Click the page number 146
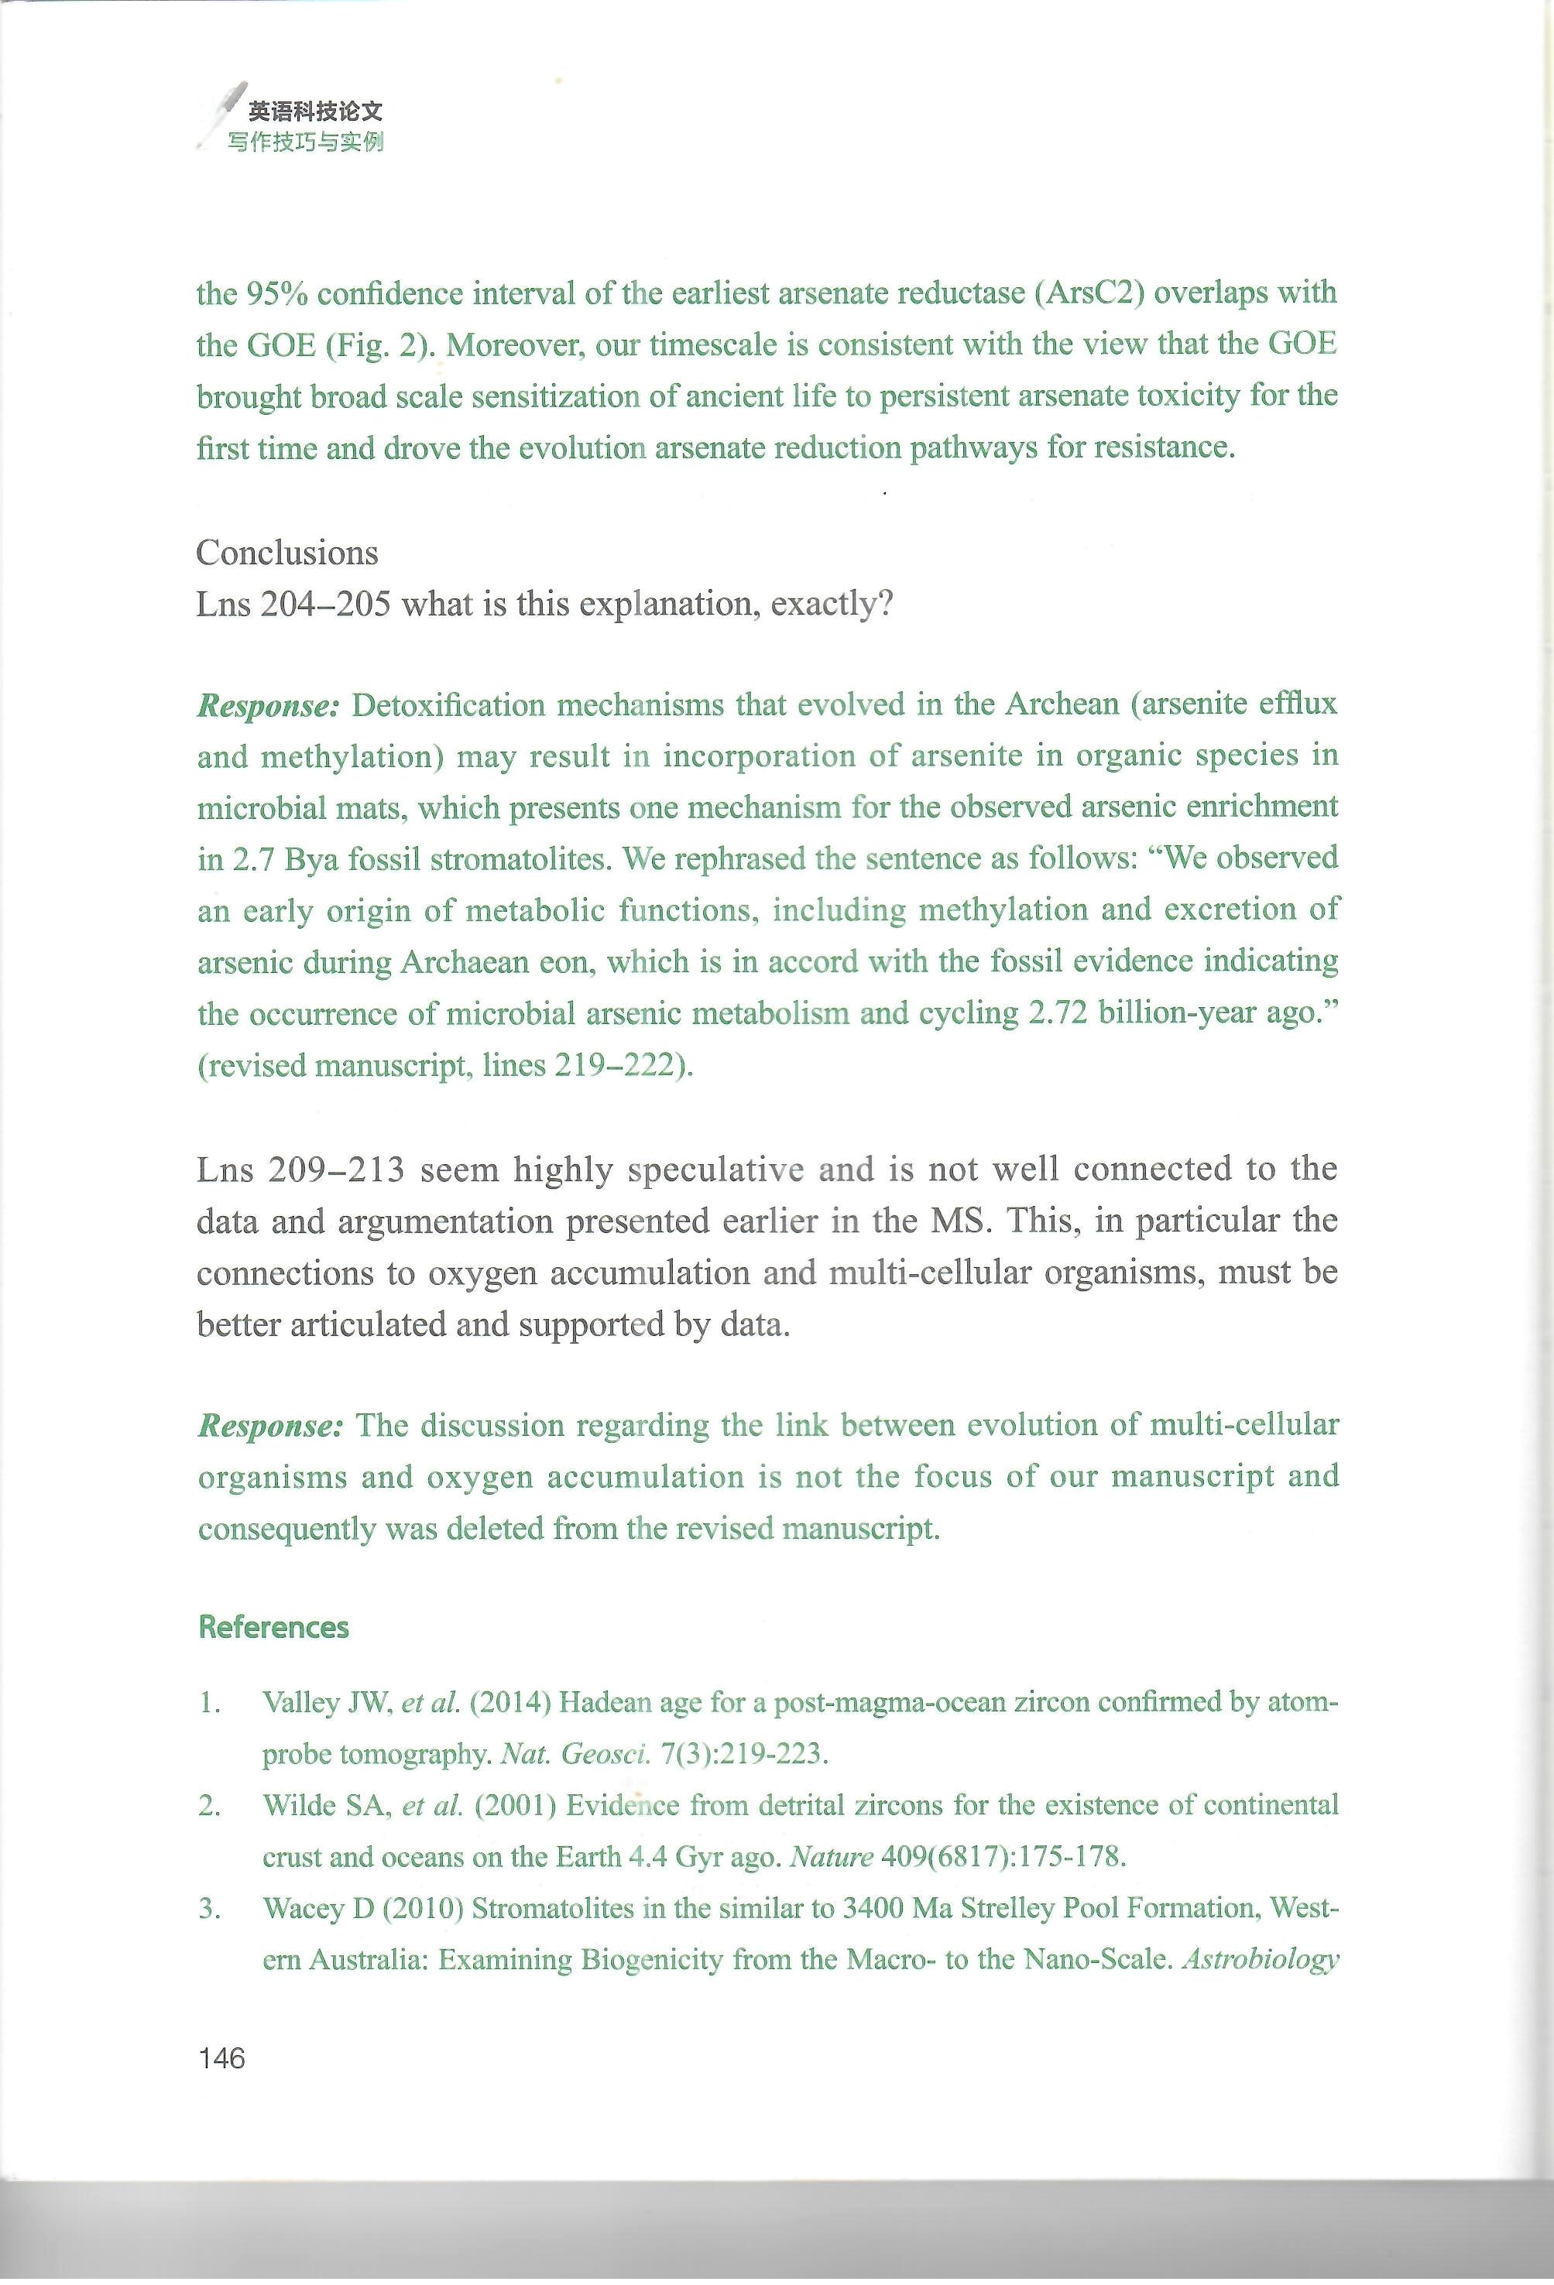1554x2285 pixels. pyautogui.click(x=221, y=2058)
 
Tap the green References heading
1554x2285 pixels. pyautogui.click(x=273, y=1627)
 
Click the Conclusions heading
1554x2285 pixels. pyautogui.click(x=286, y=553)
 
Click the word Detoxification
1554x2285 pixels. pyautogui.click(x=450, y=705)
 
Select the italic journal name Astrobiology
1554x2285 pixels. pyautogui.click(x=1260, y=1960)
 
